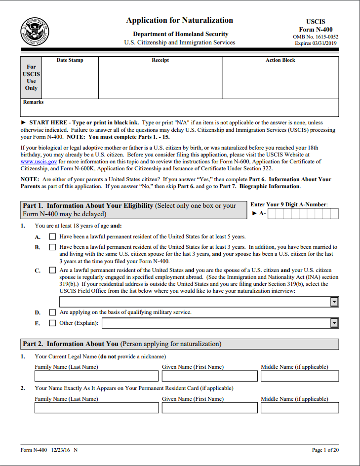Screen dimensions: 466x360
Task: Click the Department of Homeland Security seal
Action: tap(35, 31)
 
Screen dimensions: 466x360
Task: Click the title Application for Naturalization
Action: tap(179, 20)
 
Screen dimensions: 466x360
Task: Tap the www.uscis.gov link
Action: tap(39, 161)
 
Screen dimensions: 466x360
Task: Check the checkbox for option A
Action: tap(52, 236)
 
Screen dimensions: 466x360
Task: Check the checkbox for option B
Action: tap(52, 247)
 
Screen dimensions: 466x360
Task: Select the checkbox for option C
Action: tap(52, 271)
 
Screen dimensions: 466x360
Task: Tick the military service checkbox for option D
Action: tap(52, 312)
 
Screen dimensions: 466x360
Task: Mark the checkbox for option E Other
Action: tap(52, 323)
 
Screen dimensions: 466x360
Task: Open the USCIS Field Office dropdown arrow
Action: tap(334, 302)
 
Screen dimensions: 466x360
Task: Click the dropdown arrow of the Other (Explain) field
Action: tap(334, 323)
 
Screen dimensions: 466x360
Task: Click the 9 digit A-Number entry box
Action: tap(303, 214)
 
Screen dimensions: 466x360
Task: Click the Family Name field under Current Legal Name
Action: tap(96, 376)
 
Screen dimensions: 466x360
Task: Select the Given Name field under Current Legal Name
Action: tap(210, 376)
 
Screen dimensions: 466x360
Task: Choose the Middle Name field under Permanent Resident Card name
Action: tap(300, 408)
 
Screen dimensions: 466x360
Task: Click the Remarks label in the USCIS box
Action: tap(33, 102)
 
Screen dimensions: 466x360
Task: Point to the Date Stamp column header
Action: tap(70, 60)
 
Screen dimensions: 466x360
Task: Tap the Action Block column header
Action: tap(280, 60)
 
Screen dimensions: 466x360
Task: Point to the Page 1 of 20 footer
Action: tap(325, 450)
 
